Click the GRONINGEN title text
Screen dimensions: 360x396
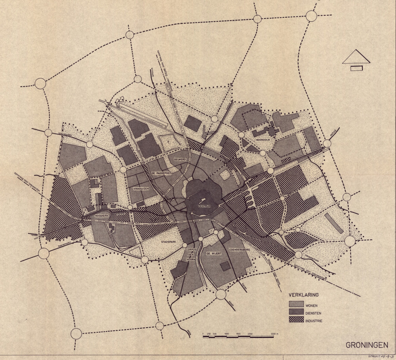[366, 345]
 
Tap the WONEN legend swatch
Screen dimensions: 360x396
[295, 305]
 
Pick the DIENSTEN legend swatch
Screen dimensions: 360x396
[295, 312]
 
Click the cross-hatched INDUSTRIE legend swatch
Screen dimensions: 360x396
[295, 320]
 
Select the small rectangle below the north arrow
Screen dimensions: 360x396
[356, 68]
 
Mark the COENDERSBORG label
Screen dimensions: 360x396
[239, 251]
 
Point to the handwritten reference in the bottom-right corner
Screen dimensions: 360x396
[381, 356]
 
